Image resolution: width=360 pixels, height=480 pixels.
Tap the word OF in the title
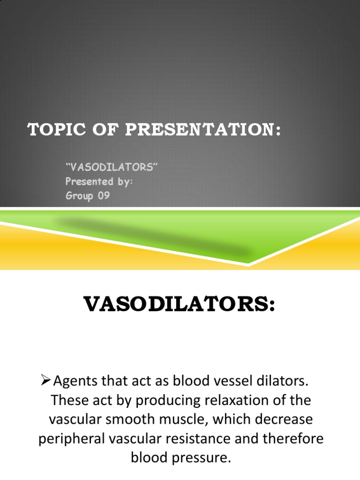95,130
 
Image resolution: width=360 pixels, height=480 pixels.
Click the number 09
104,195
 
